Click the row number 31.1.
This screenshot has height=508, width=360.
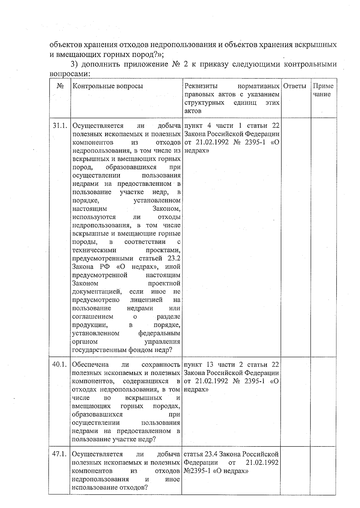tap(59, 126)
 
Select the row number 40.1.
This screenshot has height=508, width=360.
tap(59, 365)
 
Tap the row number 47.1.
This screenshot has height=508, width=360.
tap(59, 454)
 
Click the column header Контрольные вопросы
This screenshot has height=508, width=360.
tap(108, 86)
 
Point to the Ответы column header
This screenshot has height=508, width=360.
tap(295, 86)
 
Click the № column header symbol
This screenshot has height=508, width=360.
tap(60, 86)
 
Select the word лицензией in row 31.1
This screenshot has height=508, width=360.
tap(146, 300)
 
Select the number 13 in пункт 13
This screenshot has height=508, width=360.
tap(210, 365)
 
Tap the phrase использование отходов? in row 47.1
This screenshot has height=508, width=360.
tap(109, 488)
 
